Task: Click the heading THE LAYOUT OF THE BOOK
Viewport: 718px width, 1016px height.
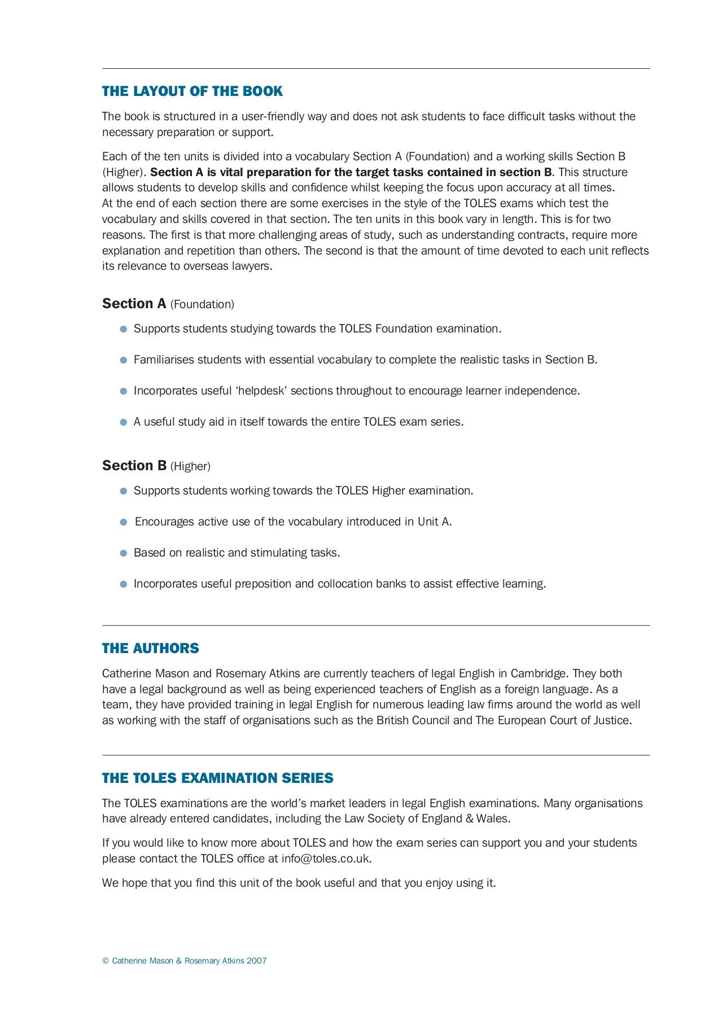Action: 192,91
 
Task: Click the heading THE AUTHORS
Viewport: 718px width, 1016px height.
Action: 150,649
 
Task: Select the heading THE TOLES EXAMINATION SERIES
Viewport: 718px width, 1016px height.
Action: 217,778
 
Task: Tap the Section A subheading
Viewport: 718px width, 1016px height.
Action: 134,304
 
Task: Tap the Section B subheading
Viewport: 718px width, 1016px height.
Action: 134,466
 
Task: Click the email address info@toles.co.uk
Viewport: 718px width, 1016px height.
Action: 326,859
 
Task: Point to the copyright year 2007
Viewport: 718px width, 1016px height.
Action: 257,961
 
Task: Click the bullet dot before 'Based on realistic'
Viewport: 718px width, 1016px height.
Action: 124,553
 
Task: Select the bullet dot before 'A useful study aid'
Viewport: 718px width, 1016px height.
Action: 124,422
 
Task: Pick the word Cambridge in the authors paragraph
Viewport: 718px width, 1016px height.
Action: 538,673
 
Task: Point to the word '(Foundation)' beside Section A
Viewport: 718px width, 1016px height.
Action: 202,305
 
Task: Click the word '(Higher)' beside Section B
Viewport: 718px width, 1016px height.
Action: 190,467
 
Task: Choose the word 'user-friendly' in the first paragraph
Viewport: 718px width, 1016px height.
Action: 273,117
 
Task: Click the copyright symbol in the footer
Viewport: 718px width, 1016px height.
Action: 106,961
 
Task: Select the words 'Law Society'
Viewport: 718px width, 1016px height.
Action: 373,818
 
